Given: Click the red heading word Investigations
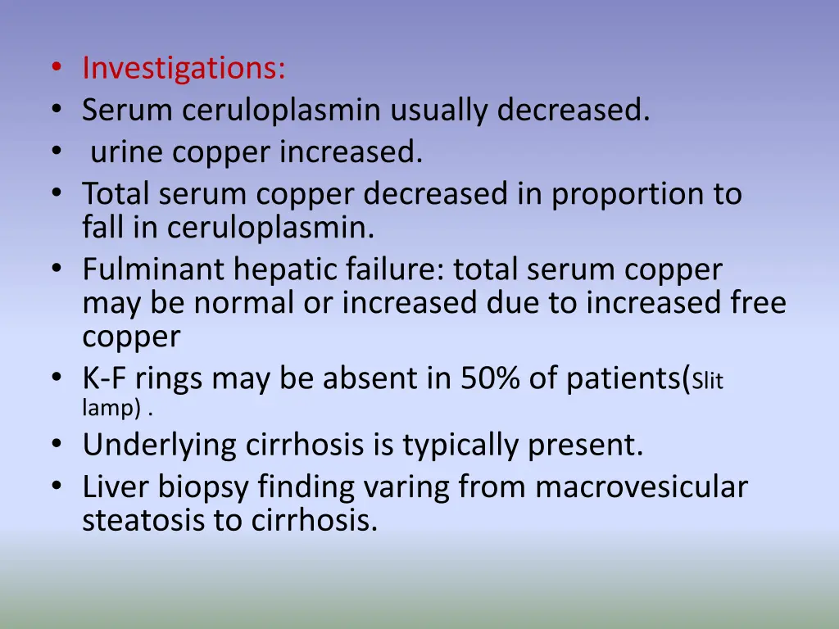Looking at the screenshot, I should [184, 68].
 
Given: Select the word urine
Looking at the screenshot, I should [126, 152].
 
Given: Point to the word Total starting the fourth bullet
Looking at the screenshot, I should [116, 194].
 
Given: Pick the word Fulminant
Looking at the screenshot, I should [153, 269].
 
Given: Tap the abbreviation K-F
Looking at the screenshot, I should [105, 379].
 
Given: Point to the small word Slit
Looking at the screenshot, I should [708, 382].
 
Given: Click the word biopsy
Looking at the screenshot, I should [201, 487].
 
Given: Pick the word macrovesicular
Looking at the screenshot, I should [642, 487].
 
